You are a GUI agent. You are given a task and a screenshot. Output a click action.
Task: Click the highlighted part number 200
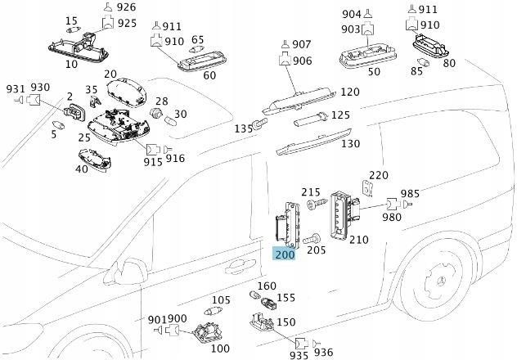284,254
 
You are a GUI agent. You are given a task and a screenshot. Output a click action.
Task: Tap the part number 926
126,7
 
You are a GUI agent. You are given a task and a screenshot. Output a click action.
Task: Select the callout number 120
349,92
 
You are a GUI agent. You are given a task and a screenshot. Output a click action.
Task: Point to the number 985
410,194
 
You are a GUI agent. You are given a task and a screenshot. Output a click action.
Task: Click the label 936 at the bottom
323,352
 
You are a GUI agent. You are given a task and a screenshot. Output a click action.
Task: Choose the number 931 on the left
16,88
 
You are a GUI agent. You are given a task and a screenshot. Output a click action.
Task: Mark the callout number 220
378,176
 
